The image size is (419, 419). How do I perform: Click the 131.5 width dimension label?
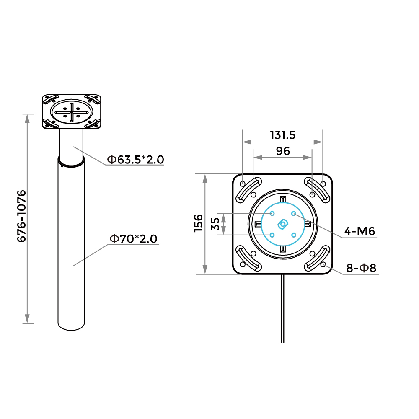(x=283, y=135)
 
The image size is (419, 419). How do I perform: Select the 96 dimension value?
(x=283, y=151)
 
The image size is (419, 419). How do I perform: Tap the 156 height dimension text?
(x=199, y=223)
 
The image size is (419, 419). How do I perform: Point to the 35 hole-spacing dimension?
(x=215, y=224)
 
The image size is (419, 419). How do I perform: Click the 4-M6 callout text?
(x=360, y=231)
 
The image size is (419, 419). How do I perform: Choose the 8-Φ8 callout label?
(x=361, y=268)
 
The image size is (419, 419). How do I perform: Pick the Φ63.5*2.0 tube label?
(x=135, y=160)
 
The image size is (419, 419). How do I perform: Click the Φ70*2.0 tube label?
(x=134, y=239)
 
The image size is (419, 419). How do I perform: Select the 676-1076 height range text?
(x=22, y=216)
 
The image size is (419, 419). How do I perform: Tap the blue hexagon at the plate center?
(x=283, y=224)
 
